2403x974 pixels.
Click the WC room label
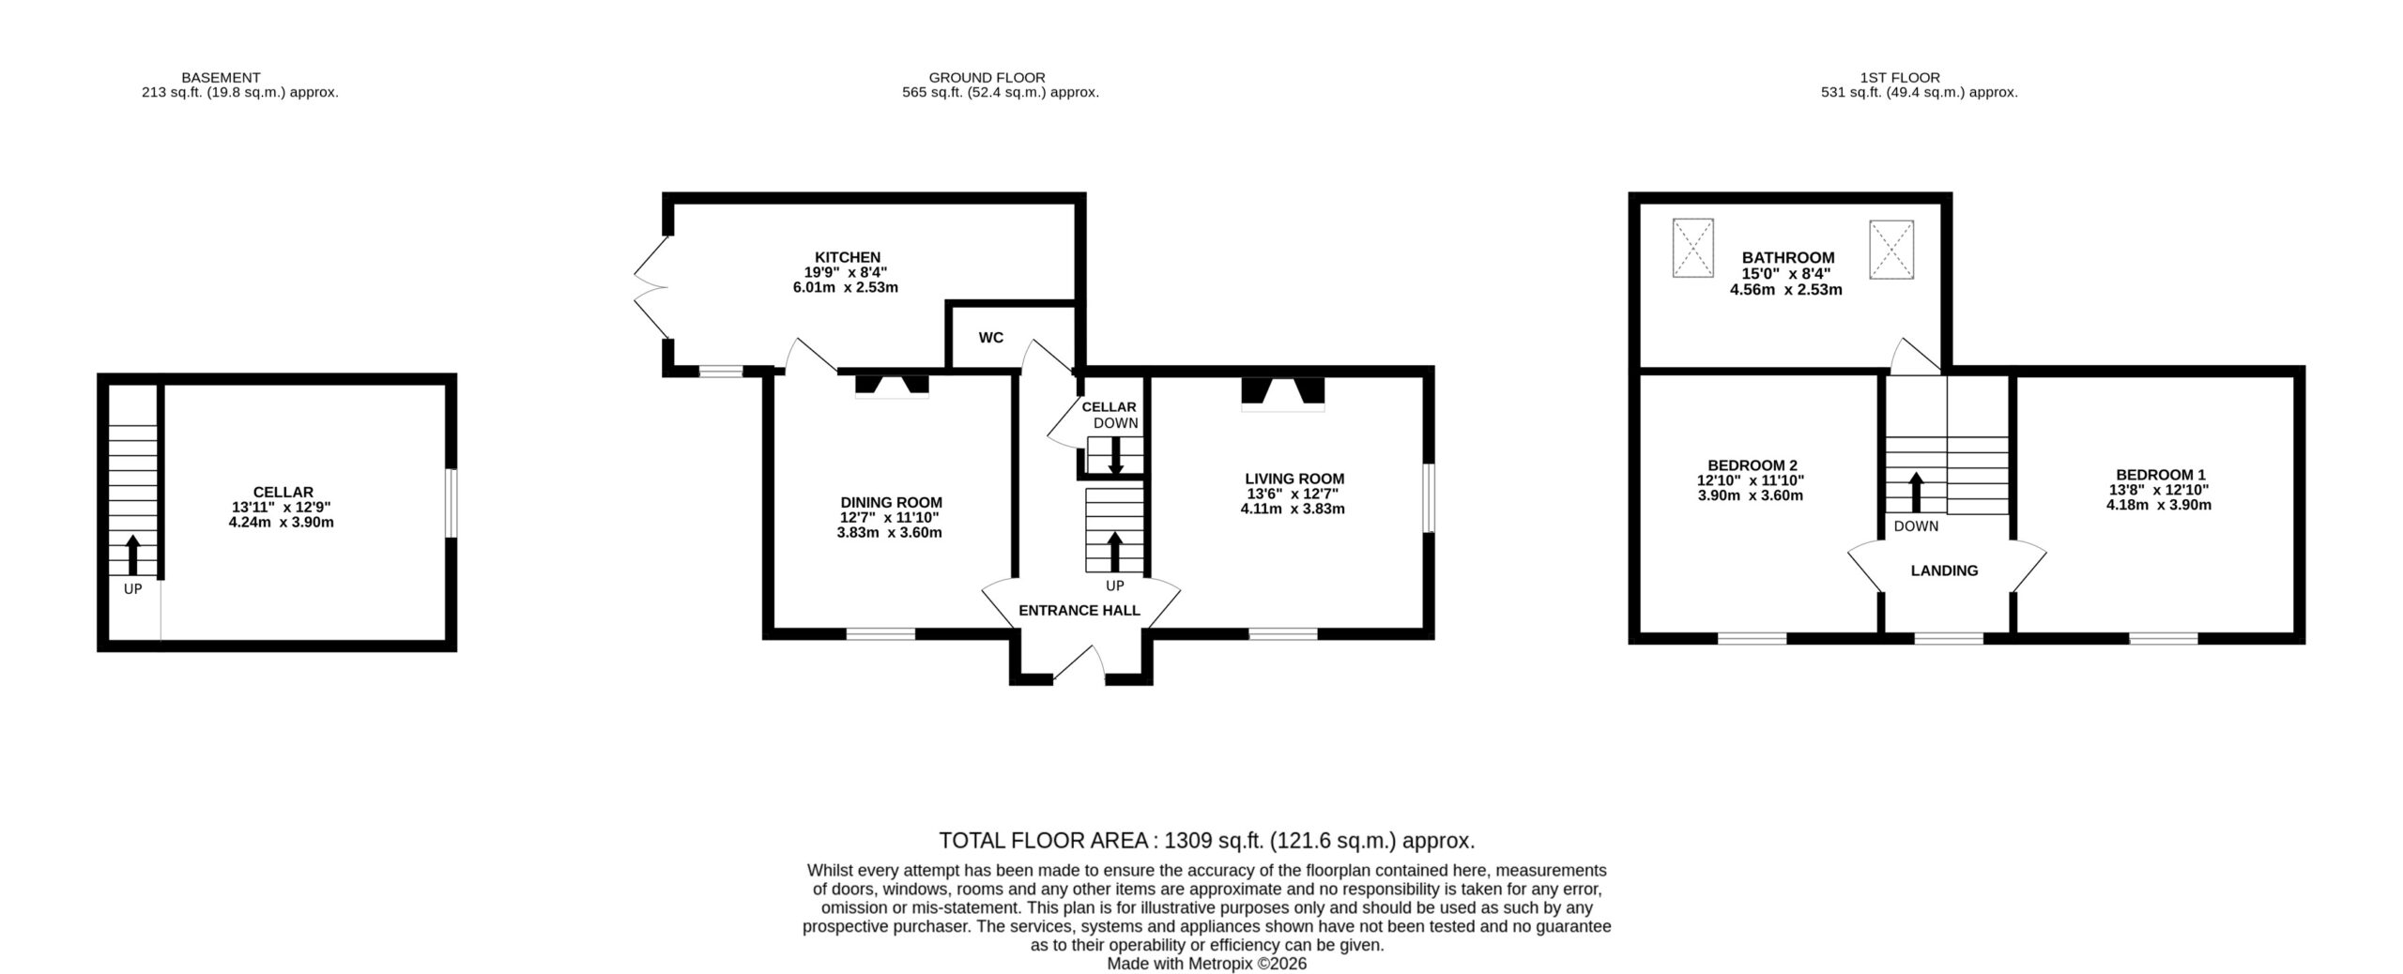[x=990, y=338]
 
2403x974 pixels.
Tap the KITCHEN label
[x=847, y=257]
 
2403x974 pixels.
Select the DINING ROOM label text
[x=890, y=503]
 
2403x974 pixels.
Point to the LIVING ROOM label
[x=1293, y=479]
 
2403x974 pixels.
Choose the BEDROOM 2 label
[x=1752, y=465]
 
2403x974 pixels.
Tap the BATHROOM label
[x=1787, y=257]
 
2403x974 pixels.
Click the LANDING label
[x=1944, y=571]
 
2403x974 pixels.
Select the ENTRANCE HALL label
[x=1079, y=611]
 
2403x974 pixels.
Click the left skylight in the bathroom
[x=1692, y=248]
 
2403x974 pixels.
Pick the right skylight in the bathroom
[x=1890, y=250]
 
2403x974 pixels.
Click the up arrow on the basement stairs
[x=132, y=554]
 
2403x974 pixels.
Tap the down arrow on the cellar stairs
[x=1116, y=456]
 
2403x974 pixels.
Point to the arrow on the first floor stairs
[x=1916, y=491]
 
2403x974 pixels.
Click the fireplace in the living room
[x=1282, y=394]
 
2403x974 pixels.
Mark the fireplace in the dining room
[x=892, y=388]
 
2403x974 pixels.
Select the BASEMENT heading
[x=221, y=78]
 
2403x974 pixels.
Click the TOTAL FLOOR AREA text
[x=1207, y=840]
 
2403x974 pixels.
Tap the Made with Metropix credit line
[x=1206, y=964]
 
